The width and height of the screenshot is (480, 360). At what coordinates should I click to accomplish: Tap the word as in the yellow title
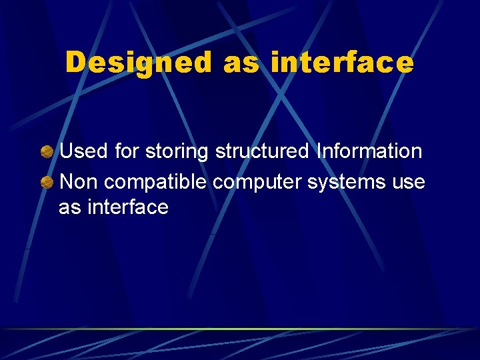click(243, 63)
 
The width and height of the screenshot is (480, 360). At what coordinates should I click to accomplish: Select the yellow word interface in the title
click(342, 63)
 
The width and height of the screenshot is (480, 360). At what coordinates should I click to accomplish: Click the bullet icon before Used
click(47, 152)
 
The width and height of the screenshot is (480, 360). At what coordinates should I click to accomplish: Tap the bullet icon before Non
click(47, 181)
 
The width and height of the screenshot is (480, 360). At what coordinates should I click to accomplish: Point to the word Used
click(83, 151)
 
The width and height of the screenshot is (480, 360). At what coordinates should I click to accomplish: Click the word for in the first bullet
click(127, 151)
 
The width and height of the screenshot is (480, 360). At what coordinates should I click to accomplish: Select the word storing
click(177, 152)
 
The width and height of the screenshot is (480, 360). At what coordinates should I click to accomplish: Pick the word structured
click(262, 151)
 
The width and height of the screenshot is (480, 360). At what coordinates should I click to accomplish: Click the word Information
click(369, 151)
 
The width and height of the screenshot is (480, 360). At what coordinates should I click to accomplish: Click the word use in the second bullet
click(408, 181)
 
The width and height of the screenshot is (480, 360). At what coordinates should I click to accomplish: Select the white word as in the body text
click(68, 208)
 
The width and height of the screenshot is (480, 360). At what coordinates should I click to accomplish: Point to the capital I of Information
click(319, 151)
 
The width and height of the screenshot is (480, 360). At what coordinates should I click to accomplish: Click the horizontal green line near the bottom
click(240, 329)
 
